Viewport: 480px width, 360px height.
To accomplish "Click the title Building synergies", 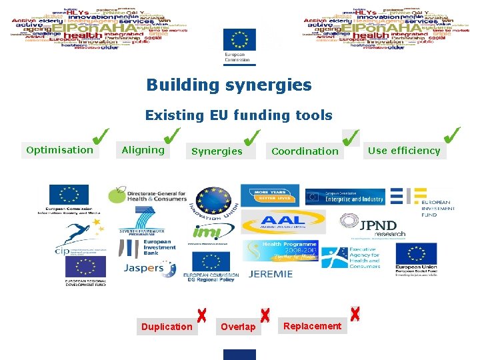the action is click(x=229, y=85).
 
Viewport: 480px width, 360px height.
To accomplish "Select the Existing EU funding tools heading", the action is click(x=239, y=115).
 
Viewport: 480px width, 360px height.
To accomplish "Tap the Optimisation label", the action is click(x=59, y=150).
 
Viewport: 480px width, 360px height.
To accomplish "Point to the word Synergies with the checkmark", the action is click(x=217, y=151).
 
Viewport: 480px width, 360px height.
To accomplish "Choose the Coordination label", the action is click(x=305, y=151).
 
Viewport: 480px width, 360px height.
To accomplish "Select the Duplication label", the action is click(x=167, y=327).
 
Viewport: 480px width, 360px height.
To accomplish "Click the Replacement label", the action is click(x=312, y=326).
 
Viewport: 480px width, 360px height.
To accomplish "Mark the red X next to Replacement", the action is click(x=355, y=313).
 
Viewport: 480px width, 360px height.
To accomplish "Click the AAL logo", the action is click(x=283, y=221).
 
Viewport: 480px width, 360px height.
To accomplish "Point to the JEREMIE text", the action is click(x=271, y=274).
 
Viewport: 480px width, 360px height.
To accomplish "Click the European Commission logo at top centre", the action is click(x=239, y=46).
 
